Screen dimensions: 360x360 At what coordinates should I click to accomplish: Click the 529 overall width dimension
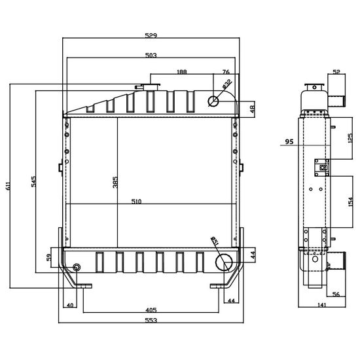(x=151, y=35)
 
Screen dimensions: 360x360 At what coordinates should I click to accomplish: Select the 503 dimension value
(x=151, y=56)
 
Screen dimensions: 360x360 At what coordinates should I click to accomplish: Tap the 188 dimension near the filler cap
(x=181, y=72)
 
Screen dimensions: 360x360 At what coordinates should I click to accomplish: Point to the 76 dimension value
(x=226, y=72)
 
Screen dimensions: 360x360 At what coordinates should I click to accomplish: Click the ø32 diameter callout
(x=227, y=84)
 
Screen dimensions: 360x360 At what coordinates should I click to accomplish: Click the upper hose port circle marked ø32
(x=213, y=101)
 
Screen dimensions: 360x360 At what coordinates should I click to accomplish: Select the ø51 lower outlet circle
(x=224, y=262)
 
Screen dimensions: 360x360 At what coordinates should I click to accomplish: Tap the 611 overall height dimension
(x=8, y=186)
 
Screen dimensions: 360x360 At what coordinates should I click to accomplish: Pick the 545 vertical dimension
(x=33, y=181)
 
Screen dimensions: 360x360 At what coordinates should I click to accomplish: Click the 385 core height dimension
(x=115, y=183)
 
